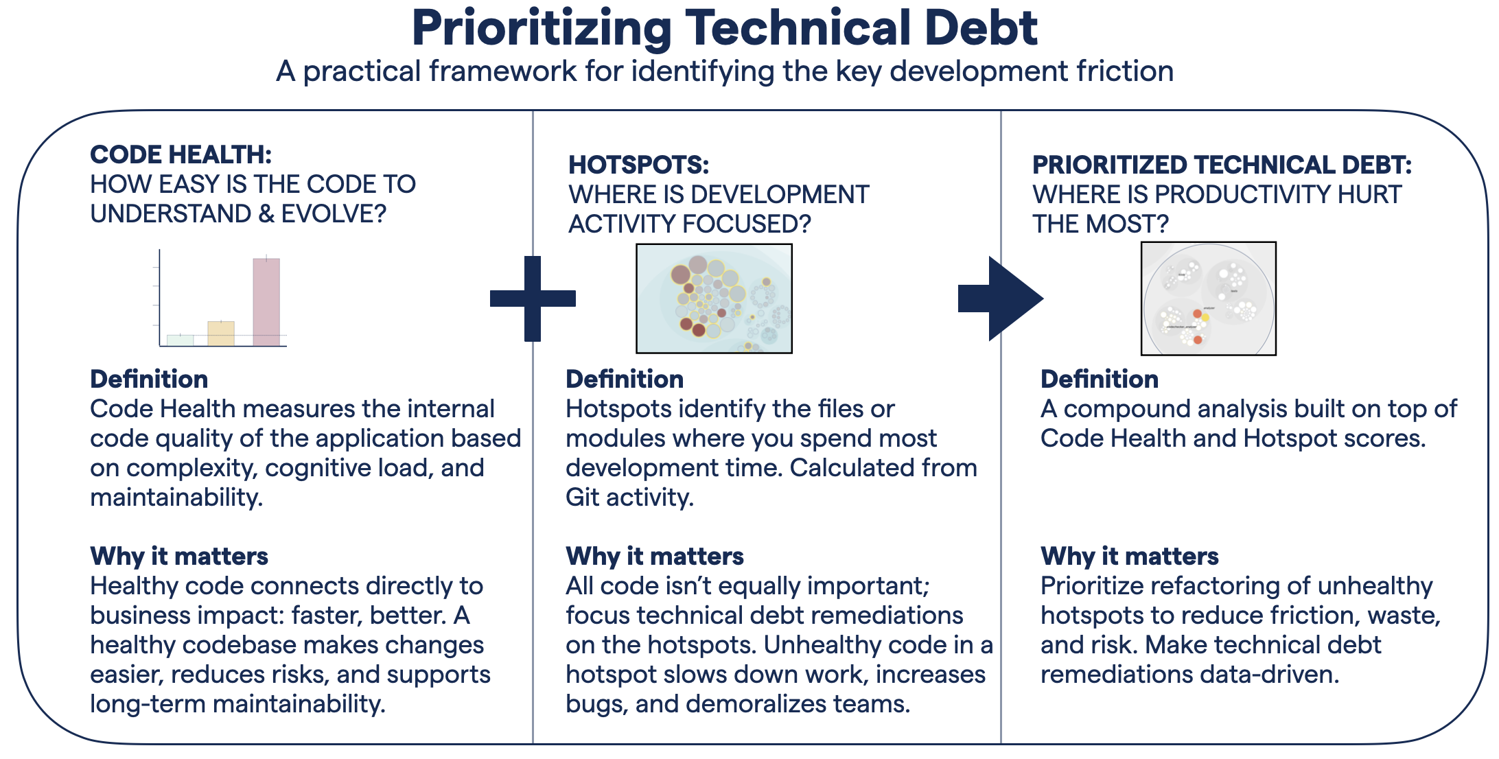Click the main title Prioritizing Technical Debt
(724, 29)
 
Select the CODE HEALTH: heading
(181, 155)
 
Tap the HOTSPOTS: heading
(638, 165)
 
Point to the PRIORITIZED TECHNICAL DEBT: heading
(1222, 165)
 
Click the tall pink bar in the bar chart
(266, 302)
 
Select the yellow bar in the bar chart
(221, 334)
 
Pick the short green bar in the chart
(181, 340)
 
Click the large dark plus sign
(533, 299)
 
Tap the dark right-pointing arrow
(999, 299)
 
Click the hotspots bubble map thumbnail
(714, 299)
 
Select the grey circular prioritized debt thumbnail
(1208, 299)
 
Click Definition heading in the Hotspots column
(624, 379)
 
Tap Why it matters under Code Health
(179, 557)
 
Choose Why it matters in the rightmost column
(1129, 557)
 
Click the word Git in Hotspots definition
(583, 498)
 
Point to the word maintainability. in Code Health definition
(176, 498)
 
